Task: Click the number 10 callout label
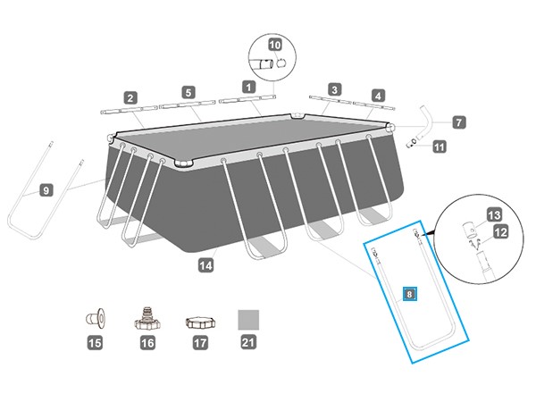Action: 274,44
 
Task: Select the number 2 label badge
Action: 130,97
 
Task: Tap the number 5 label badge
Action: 188,91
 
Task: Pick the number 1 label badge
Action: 247,87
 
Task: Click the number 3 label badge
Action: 333,89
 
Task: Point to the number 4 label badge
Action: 379,95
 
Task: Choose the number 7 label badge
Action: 458,121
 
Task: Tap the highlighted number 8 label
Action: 409,293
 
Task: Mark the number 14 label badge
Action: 206,264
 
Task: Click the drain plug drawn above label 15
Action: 94,317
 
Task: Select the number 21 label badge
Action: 247,342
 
